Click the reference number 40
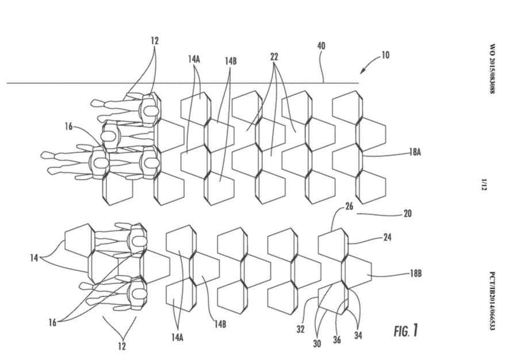click(321, 45)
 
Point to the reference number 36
click(336, 340)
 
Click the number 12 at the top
click(155, 41)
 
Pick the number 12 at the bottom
click(121, 346)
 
